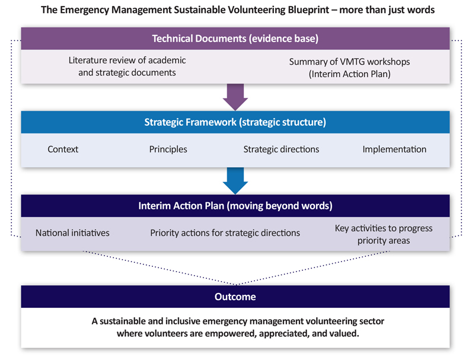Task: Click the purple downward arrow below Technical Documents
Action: [235, 97]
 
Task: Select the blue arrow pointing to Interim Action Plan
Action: [235, 181]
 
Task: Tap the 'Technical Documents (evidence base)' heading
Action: [235, 39]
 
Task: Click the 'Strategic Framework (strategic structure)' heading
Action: [235, 122]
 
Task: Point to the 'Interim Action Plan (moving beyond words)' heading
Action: [235, 206]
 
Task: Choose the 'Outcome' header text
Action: [235, 297]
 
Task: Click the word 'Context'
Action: [63, 149]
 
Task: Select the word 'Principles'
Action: [168, 149]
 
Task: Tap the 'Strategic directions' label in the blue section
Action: [281, 149]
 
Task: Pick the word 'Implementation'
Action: [394, 149]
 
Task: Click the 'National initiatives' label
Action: [72, 233]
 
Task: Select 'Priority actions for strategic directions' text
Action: [225, 233]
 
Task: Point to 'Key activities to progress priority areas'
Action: [384, 234]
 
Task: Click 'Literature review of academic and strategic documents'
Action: [127, 66]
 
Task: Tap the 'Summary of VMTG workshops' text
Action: [349, 62]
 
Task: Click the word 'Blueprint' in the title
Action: [308, 10]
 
